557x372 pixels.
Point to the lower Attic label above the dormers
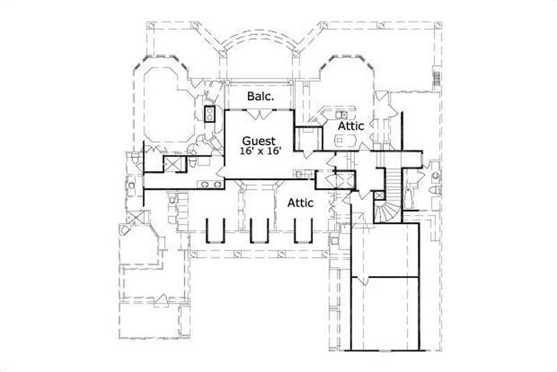(300, 202)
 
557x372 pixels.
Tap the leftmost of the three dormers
(217, 229)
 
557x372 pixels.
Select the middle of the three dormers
(260, 229)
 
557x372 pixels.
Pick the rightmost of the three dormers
(303, 229)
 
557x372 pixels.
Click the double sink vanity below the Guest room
(210, 184)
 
